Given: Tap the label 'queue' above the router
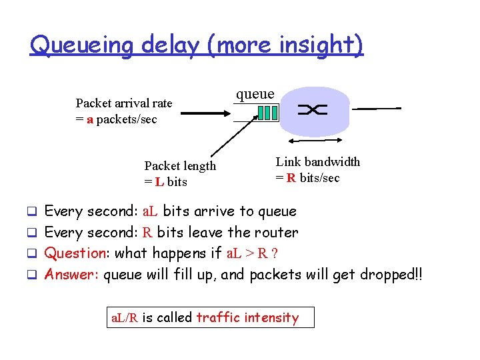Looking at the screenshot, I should pyautogui.click(x=255, y=94).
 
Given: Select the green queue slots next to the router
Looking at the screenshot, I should pyautogui.click(x=267, y=113).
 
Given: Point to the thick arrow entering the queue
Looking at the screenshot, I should pyautogui.click(x=206, y=113).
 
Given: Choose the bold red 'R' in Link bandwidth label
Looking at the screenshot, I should pyautogui.click(x=291, y=178).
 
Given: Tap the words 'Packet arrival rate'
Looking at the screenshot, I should pyautogui.click(x=124, y=103).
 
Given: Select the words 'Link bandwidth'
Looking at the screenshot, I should pyautogui.click(x=318, y=162).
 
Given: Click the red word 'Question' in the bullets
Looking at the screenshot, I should pyautogui.click(x=76, y=253).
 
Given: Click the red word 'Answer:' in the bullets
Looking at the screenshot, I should pyautogui.click(x=72, y=274).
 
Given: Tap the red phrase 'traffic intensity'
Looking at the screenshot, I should pyautogui.click(x=247, y=317).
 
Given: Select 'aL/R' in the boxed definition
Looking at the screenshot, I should pyautogui.click(x=125, y=318).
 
